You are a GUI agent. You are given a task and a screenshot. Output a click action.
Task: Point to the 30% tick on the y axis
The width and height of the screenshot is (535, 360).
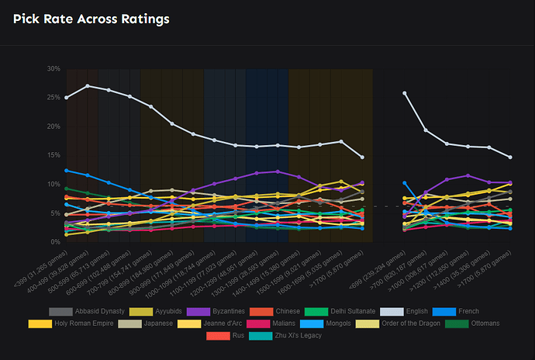(53, 69)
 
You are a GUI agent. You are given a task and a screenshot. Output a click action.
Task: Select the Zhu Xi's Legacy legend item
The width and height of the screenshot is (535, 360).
(290, 335)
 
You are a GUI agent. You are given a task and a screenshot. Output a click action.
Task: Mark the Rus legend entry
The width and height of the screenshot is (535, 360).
(237, 335)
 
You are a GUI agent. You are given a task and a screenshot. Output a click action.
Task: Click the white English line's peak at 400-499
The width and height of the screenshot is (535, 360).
(88, 86)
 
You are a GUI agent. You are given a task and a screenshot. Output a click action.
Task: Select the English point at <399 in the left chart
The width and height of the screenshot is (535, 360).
(67, 98)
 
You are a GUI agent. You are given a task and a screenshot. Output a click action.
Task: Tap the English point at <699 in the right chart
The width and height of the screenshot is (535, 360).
(405, 93)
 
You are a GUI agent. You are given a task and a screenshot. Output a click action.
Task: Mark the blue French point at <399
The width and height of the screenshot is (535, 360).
(67, 170)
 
